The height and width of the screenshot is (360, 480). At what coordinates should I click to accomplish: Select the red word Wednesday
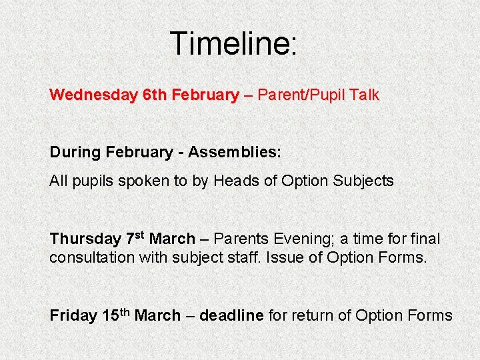93,95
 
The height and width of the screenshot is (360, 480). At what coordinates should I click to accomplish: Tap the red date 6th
155,95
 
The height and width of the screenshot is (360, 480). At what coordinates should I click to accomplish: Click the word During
74,152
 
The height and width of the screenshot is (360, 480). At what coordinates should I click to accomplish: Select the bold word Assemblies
234,152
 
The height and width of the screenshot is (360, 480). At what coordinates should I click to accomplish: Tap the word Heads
237,181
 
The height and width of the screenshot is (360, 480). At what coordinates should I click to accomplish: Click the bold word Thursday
85,239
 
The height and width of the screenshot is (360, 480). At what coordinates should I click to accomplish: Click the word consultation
92,257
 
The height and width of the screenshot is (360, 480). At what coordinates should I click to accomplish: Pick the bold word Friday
73,315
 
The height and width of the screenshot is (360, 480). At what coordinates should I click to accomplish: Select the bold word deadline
231,315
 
